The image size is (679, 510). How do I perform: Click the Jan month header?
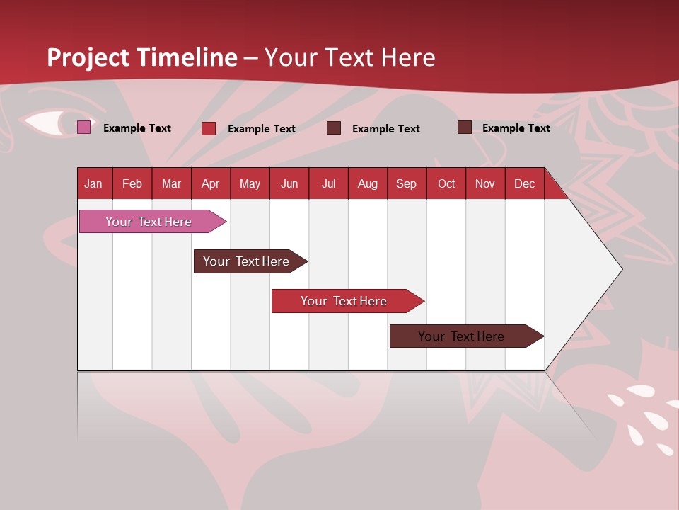tap(94, 183)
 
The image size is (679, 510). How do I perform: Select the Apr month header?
tap(211, 183)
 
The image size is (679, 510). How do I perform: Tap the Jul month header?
tap(328, 183)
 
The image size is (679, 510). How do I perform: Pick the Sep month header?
tap(407, 183)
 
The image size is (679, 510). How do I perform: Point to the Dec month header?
tap(524, 183)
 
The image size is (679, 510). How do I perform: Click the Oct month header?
tap(446, 183)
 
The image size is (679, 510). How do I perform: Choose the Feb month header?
tap(132, 183)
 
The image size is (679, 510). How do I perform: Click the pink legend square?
tap(83, 127)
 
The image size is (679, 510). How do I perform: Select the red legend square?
tap(209, 128)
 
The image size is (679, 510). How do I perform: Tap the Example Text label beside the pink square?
tap(137, 128)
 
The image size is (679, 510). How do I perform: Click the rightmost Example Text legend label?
tap(516, 128)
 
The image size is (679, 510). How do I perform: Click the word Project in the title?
tap(88, 57)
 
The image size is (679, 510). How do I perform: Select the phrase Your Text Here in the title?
tap(350, 57)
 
